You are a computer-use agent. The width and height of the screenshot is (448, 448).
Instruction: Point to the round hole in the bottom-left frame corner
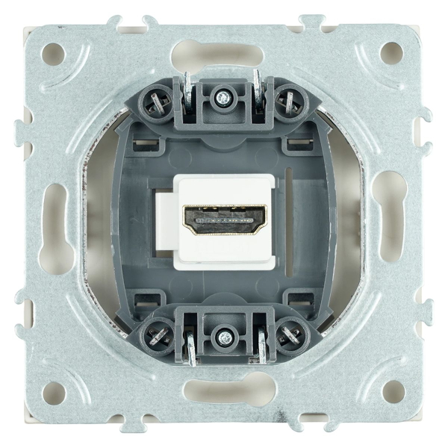coord(54,391)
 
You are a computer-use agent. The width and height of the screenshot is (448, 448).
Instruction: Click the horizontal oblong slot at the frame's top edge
coord(223,55)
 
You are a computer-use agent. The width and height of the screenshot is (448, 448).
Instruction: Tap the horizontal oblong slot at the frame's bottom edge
coord(223,390)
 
